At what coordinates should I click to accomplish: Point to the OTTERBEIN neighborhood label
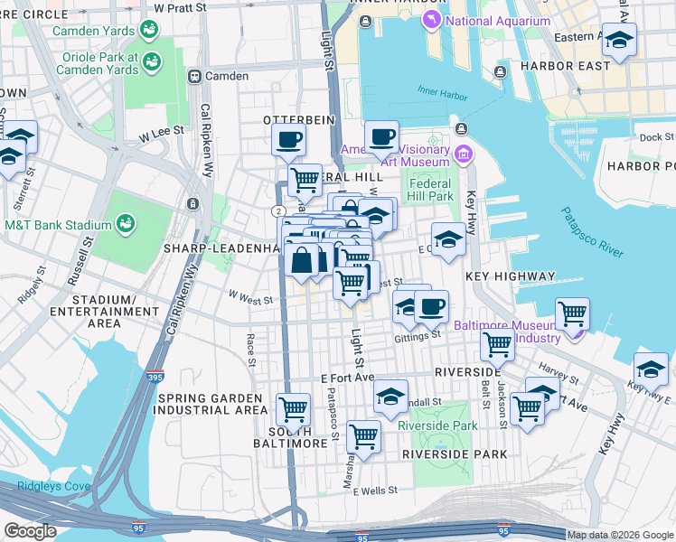tap(298, 119)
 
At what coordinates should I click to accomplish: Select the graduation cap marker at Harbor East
tap(619, 40)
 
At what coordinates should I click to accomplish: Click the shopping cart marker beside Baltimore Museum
tap(571, 314)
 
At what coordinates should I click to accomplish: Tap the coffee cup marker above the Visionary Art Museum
tap(381, 137)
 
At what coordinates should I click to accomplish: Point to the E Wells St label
tap(378, 491)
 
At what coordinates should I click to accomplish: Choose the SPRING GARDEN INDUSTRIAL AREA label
tap(213, 404)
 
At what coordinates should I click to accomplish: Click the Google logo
tap(29, 531)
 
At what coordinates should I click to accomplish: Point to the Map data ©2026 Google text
tap(620, 535)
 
